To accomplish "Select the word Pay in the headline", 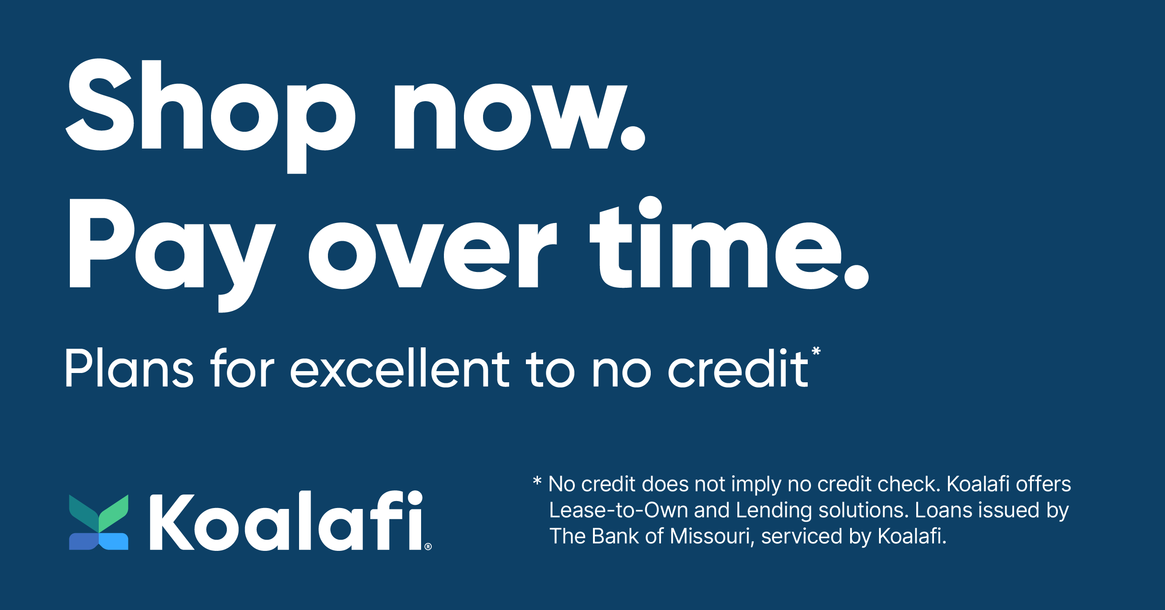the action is coord(172,255).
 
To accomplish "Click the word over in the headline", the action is coord(433,256).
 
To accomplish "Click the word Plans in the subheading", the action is coord(129,368).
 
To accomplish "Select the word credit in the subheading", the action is coord(738,368).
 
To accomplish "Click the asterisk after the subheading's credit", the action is coord(816,351).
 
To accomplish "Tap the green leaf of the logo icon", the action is coord(113,513).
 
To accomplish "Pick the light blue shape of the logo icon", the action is coord(113,542).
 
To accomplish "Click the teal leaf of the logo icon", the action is coord(84,513).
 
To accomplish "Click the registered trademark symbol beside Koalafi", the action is coord(428,547).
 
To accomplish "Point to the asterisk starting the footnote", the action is coord(537,481).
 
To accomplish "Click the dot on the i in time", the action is coord(650,208).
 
